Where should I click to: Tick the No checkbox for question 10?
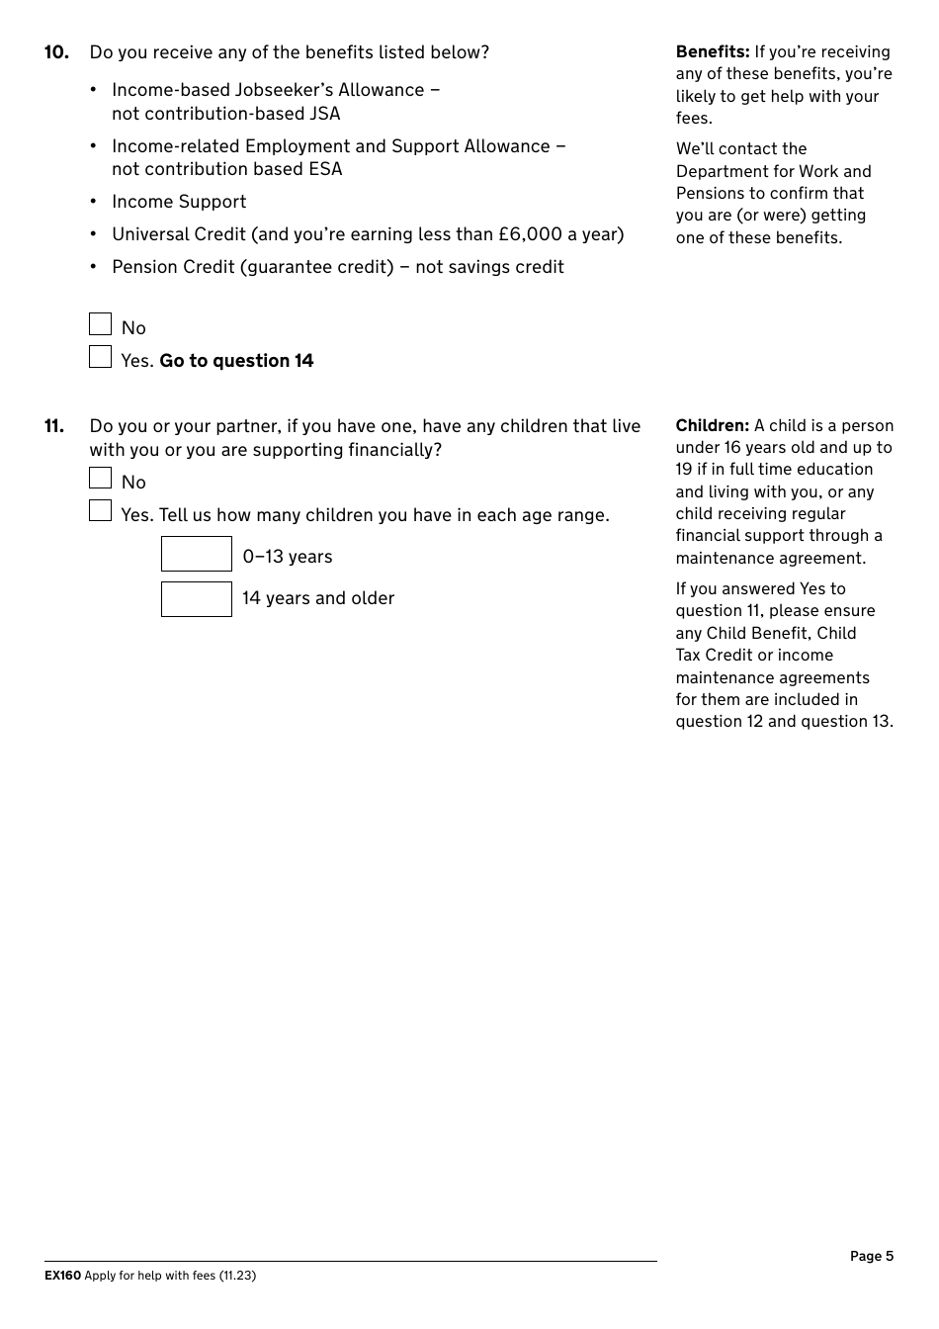[x=101, y=324]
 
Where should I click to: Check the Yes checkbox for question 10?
[x=101, y=357]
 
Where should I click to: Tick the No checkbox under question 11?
[x=101, y=479]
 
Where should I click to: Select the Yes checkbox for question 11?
[x=101, y=511]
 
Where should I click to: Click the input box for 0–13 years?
[x=197, y=555]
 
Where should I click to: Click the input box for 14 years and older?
[x=197, y=599]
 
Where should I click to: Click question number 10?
[x=56, y=52]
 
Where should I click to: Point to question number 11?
[x=54, y=426]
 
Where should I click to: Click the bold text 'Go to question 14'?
[x=236, y=361]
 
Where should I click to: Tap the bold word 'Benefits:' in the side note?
[x=713, y=51]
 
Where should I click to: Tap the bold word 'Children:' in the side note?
[x=713, y=425]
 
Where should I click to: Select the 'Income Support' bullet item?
[x=179, y=202]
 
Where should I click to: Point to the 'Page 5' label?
[x=871, y=1256]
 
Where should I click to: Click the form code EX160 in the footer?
[x=62, y=1276]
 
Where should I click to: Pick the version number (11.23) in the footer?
[x=237, y=1276]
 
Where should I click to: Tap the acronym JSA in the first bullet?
[x=323, y=114]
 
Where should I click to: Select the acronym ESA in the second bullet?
[x=325, y=169]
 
